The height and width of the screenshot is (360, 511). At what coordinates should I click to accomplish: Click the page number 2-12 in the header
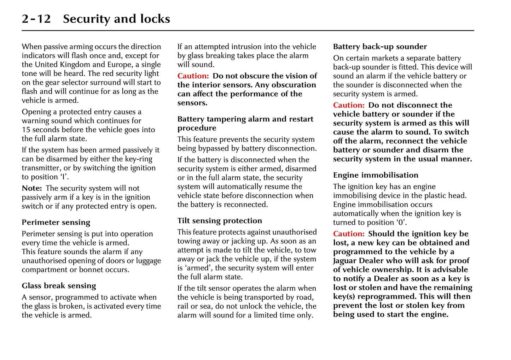pyautogui.click(x=36, y=19)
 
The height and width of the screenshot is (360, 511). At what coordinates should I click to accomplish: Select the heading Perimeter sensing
pyautogui.click(x=56, y=223)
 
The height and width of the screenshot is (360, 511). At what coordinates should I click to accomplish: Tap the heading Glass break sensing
pyautogui.click(x=59, y=286)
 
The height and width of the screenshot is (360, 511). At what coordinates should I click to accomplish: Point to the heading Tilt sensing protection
pyautogui.click(x=220, y=221)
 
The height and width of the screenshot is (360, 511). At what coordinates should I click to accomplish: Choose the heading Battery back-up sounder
pyautogui.click(x=380, y=47)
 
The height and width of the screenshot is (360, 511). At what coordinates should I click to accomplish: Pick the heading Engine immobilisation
pyautogui.click(x=376, y=175)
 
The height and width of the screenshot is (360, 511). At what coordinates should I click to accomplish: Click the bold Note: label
pyautogui.click(x=32, y=188)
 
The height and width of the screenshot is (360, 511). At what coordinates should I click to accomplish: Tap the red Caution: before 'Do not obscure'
pyautogui.click(x=193, y=76)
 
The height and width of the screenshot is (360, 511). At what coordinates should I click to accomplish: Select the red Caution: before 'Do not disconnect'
pyautogui.click(x=349, y=105)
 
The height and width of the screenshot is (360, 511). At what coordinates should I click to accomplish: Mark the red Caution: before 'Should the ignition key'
pyautogui.click(x=349, y=234)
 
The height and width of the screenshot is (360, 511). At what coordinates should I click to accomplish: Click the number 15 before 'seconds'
pyautogui.click(x=26, y=130)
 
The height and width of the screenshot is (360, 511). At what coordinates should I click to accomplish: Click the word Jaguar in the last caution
pyautogui.click(x=345, y=261)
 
